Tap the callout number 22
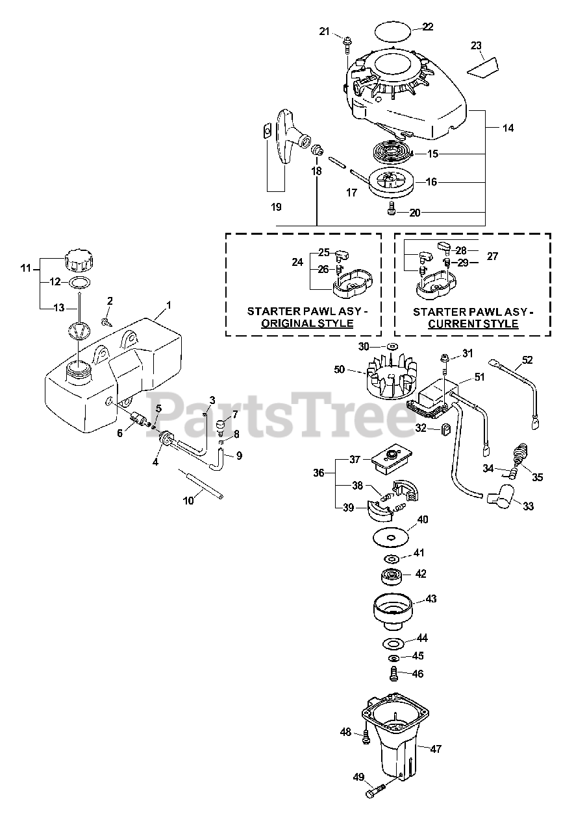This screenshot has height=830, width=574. click(427, 27)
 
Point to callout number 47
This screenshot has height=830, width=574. click(435, 748)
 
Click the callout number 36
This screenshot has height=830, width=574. click(318, 474)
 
